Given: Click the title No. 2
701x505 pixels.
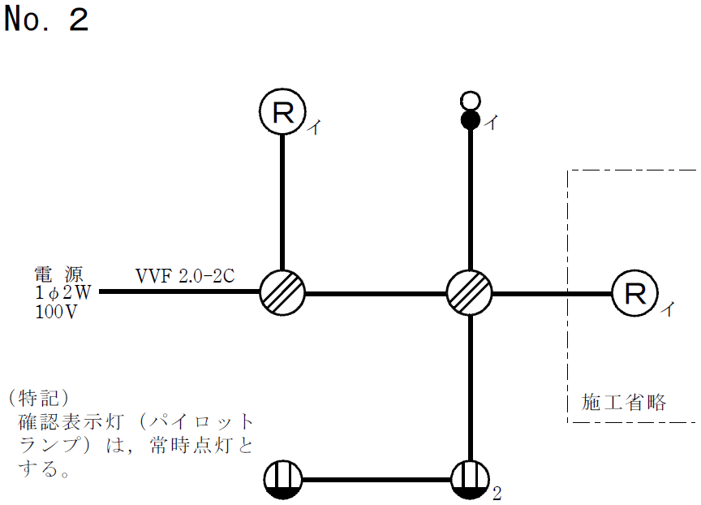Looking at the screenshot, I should tap(45, 19).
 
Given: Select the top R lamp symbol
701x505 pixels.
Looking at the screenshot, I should tap(282, 112).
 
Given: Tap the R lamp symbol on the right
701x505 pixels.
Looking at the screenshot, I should tap(634, 292).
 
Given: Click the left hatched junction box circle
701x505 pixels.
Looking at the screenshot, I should tap(282, 292).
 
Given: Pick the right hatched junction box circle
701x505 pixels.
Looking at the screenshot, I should tap(470, 292).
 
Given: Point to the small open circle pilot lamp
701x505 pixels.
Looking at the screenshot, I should tap(470, 101).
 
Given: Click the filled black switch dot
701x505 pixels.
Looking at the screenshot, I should tap(470, 122).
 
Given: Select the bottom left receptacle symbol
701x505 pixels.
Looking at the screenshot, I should tap(282, 481).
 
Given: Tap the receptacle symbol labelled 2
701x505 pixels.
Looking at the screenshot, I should tap(470, 481).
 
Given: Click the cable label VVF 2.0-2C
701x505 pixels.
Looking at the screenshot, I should tap(185, 275).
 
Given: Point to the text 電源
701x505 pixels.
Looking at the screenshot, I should tap(58, 273).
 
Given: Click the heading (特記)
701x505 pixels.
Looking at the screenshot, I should tap(37, 399).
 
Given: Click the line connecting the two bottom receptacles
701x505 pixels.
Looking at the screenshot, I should tap(376, 481).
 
